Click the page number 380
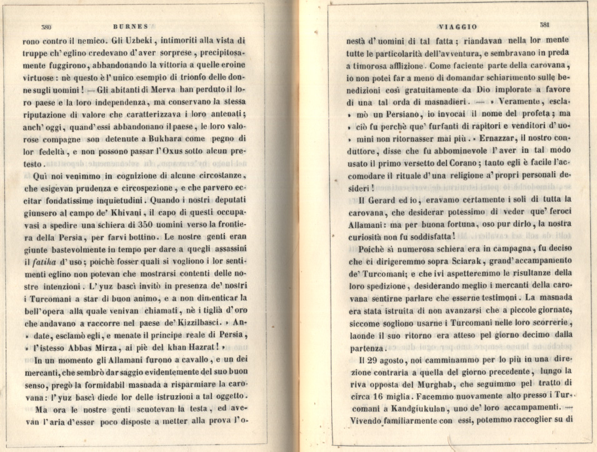click(45, 27)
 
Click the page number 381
click(544, 25)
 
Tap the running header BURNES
click(133, 27)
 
